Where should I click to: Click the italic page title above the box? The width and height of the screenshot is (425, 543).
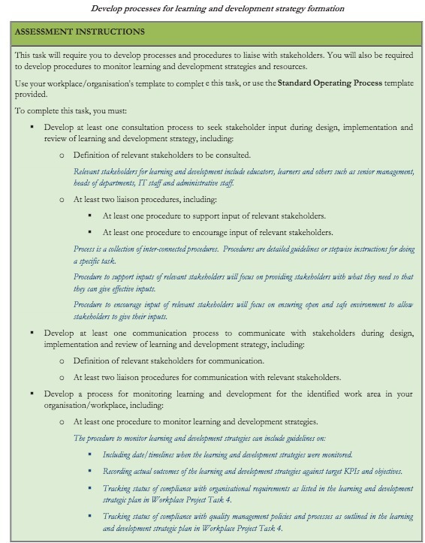pos(218,8)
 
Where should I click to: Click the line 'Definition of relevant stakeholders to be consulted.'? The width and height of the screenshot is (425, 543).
pos(161,155)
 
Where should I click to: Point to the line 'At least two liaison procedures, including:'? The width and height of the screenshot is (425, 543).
pos(144,200)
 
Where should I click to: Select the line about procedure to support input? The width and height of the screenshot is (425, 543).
pos(214,216)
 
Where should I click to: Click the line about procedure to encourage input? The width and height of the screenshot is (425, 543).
pos(218,232)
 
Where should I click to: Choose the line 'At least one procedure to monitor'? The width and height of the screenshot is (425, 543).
pos(194,421)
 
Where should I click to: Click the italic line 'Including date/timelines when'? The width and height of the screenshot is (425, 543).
pos(228,454)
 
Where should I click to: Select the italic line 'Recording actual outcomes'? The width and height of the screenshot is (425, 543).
pos(253,471)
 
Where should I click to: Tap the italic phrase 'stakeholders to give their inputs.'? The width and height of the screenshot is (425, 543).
pos(120,317)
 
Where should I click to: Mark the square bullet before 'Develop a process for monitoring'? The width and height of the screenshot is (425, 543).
pos(32,394)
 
